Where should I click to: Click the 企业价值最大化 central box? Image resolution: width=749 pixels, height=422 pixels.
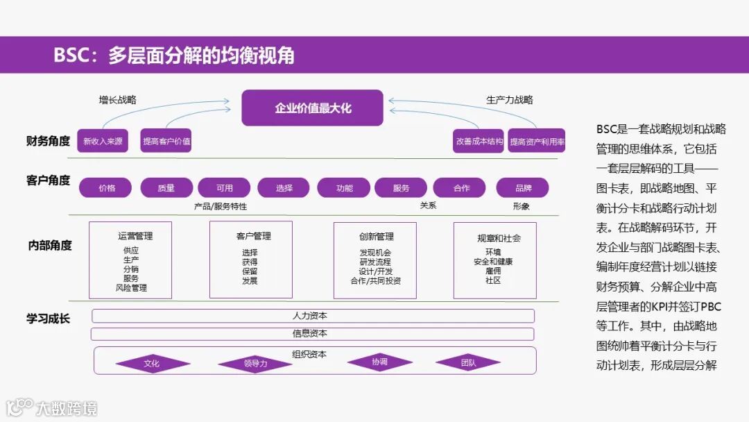coord(312,108)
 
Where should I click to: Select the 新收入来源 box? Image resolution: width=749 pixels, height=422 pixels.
coord(103,141)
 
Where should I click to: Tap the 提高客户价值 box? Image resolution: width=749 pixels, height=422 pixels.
coord(166,141)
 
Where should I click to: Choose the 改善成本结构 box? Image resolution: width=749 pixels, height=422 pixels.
coord(479,141)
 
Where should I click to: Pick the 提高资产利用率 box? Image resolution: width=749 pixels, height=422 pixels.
coord(536,141)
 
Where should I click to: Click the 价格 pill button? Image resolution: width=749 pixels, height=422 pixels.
coord(106,187)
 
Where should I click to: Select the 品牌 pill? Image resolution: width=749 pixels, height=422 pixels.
coord(523,187)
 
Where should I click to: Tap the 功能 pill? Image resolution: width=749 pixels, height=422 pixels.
coord(344,187)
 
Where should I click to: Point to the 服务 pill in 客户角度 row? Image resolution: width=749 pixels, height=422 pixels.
coord(401,187)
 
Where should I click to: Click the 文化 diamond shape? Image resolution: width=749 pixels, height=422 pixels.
coord(151,363)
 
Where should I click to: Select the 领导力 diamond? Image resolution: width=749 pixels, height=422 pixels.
coord(255,363)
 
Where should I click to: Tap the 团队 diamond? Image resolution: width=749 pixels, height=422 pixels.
coord(468,362)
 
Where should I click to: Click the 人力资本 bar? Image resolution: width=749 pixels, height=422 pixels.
coord(313,316)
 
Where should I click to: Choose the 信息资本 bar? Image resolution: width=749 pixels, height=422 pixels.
coord(313,333)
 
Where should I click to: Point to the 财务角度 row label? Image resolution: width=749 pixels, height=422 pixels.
coord(49,141)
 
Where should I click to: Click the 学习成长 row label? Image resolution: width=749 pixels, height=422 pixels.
coord(49,319)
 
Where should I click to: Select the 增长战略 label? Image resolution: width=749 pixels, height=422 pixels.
coord(117,100)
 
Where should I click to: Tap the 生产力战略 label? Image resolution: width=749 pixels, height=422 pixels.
coord(509,100)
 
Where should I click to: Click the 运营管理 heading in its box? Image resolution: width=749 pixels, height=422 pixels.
coord(135,236)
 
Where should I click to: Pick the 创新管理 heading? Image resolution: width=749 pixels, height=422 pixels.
coord(377,236)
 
